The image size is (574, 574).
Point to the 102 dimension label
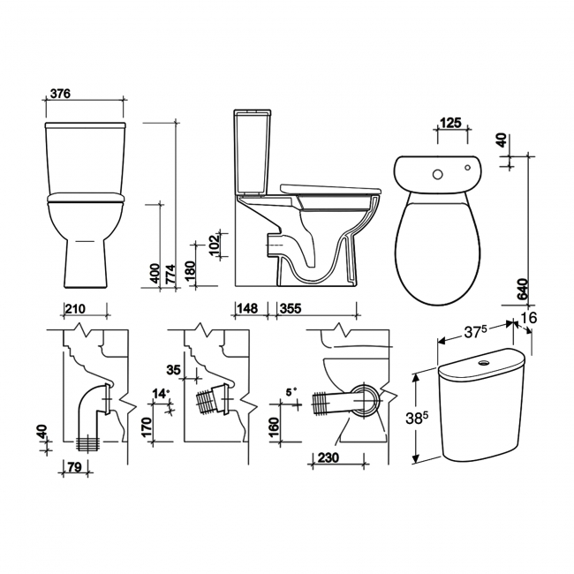[214, 243]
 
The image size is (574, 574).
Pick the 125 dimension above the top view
[450, 123]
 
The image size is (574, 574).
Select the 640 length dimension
[522, 290]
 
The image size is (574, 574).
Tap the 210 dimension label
[74, 309]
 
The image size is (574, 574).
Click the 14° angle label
[159, 393]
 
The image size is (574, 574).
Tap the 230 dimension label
[327, 459]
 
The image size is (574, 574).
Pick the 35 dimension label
[172, 370]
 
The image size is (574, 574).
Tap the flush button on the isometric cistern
[485, 362]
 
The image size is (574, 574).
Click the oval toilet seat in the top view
[439, 247]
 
